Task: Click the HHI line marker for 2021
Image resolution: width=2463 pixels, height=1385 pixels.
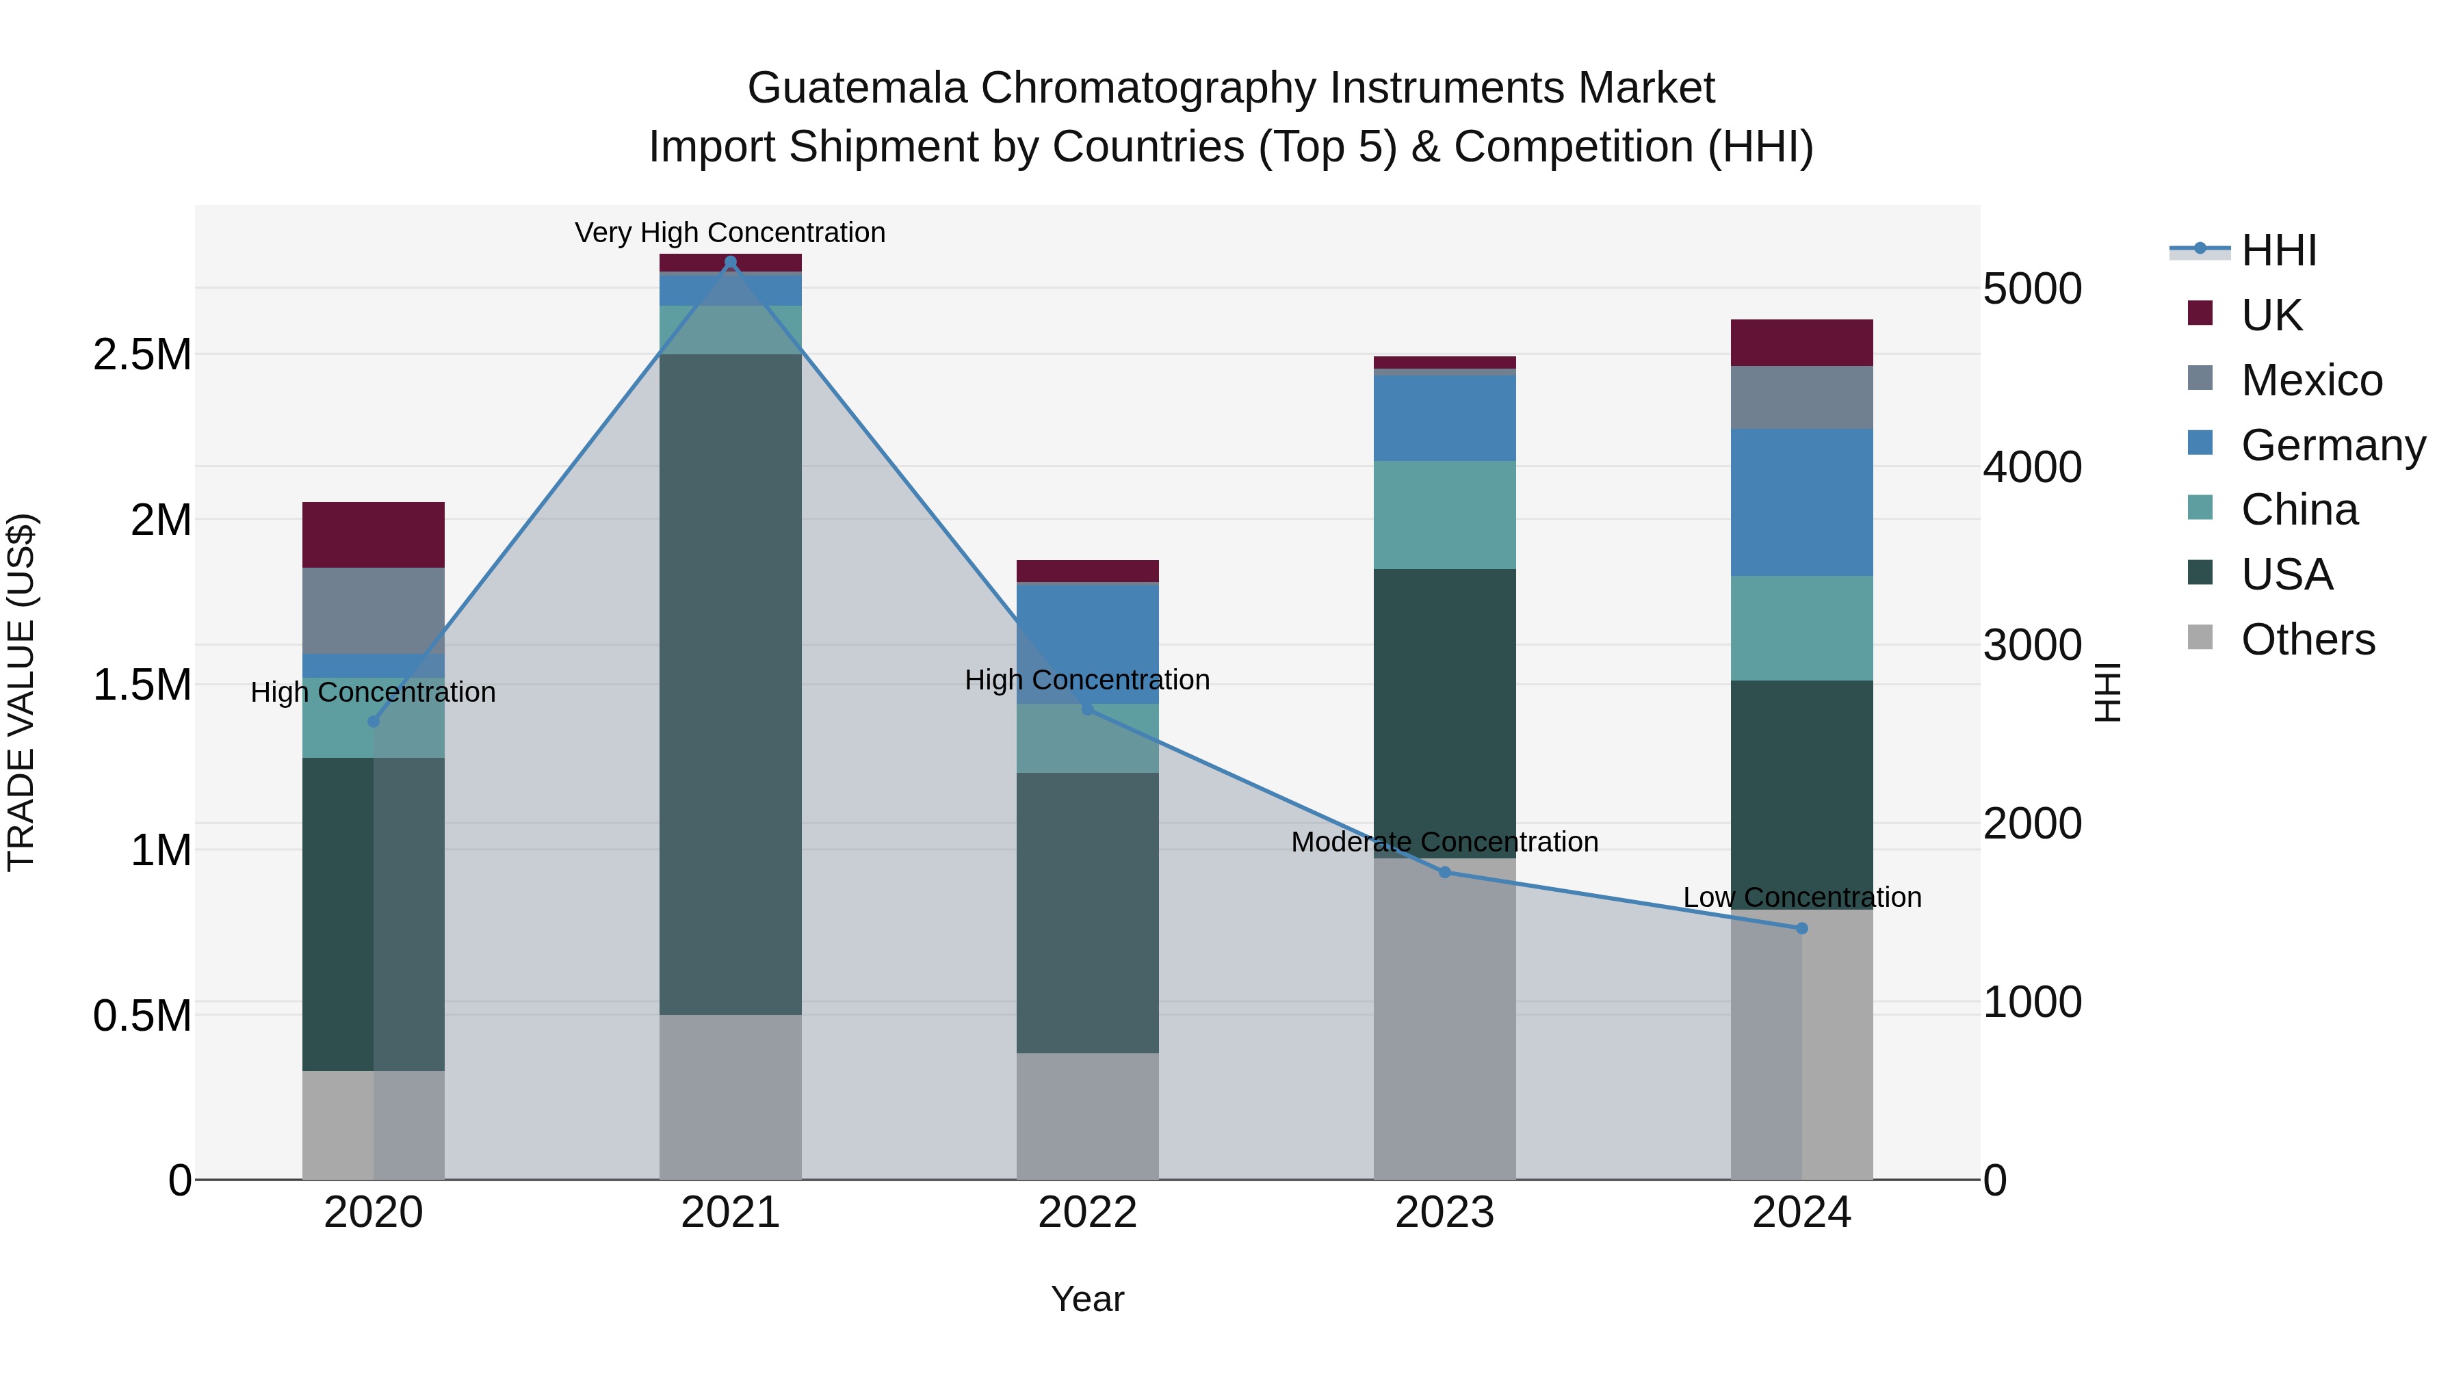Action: pos(731,262)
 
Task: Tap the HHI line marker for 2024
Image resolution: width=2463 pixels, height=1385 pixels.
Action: pos(1801,928)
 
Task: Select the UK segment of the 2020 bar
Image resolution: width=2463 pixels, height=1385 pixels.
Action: pos(373,536)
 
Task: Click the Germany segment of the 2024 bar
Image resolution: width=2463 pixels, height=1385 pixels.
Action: pos(1801,502)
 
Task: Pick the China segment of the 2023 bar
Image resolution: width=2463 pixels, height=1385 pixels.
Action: pos(1444,515)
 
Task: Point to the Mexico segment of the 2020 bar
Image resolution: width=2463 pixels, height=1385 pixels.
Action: pos(373,611)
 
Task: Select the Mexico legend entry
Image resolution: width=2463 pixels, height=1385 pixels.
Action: pos(2311,380)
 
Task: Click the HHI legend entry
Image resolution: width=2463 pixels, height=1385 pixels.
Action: pos(2278,250)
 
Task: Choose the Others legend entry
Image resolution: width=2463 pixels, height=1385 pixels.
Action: pos(2307,639)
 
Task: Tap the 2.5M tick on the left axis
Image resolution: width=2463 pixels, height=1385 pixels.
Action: pos(142,354)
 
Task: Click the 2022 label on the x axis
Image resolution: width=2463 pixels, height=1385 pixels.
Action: pos(1087,1213)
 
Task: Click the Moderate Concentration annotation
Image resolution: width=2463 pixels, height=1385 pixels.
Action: pos(1444,842)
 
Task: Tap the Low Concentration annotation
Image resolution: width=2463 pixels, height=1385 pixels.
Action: pos(1801,897)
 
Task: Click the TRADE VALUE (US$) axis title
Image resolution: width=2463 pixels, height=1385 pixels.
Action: pos(21,692)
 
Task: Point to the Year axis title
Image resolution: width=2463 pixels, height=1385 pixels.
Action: pos(1087,1299)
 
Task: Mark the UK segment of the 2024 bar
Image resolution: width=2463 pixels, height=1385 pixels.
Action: pos(1801,342)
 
